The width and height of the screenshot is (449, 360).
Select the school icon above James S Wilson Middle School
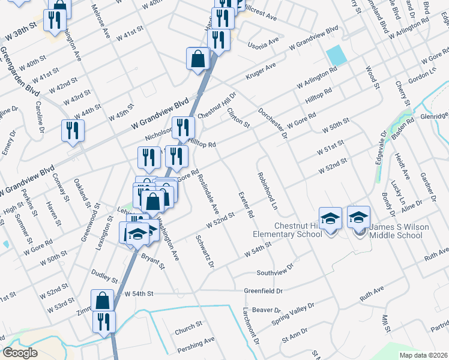tap(359, 217)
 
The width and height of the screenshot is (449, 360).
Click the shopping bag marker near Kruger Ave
tap(197, 59)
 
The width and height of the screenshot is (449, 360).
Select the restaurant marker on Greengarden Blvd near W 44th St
tap(73, 130)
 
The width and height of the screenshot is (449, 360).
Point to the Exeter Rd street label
tap(246, 205)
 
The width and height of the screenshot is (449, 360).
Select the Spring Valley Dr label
tap(292, 312)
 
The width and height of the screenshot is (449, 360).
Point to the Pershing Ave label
tap(196, 344)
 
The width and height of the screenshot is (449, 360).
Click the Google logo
tap(20, 353)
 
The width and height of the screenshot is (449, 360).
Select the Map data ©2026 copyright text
tap(423, 355)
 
